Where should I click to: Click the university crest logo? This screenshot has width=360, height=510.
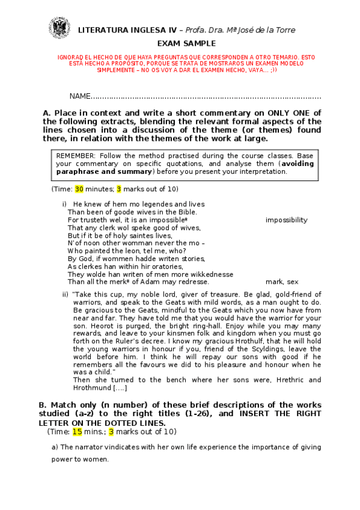[x=60, y=28]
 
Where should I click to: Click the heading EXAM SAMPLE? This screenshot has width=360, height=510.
[x=180, y=44]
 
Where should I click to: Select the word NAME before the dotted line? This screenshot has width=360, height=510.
[x=79, y=96]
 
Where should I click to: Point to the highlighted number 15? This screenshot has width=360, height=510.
[x=78, y=431]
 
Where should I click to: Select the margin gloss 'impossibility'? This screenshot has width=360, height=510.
[x=286, y=220]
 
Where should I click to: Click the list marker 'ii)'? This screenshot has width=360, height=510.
[x=66, y=294]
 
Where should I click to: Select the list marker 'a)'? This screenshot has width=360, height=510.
[x=55, y=447]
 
